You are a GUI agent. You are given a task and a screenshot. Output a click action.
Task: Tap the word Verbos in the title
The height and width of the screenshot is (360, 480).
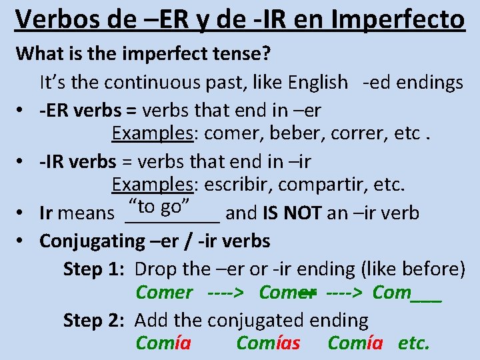55,19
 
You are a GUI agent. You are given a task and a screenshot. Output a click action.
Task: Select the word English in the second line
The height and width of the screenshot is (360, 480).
318,82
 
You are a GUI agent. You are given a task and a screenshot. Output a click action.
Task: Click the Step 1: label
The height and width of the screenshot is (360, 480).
94,269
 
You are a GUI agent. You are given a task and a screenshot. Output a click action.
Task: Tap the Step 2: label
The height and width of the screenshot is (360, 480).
94,321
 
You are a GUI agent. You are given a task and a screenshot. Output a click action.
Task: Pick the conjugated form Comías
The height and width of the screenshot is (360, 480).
268,343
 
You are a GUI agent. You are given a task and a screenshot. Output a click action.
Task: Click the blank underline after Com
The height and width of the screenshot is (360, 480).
427,294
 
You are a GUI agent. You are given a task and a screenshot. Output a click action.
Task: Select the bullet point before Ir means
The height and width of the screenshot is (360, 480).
23,213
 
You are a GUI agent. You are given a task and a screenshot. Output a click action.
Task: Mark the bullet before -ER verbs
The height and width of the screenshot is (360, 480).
23,109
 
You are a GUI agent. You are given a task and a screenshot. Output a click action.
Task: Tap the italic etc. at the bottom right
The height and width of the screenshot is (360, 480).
413,343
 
